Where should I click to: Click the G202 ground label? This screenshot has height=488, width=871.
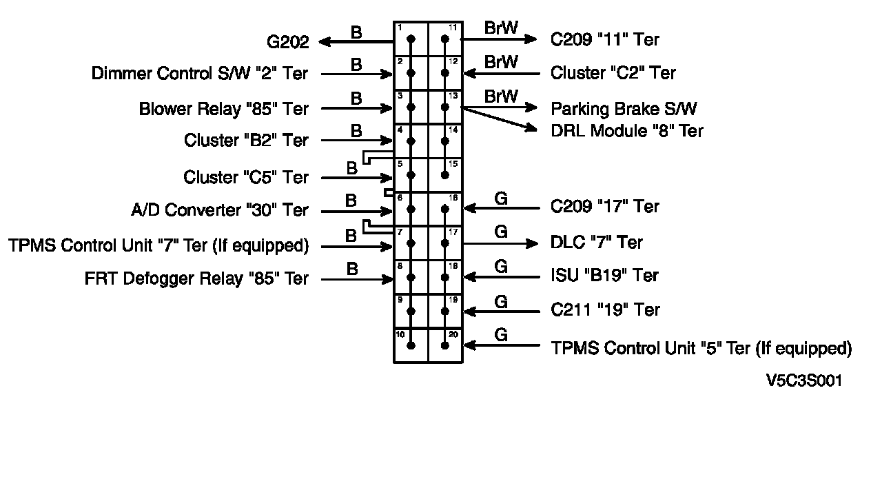click(287, 42)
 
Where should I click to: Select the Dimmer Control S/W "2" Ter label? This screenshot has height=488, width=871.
click(200, 74)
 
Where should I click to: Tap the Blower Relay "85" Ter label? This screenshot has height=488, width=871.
click(223, 109)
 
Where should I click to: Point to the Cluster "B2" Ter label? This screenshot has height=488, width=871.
click(246, 141)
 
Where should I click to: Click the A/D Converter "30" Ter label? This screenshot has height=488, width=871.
click(219, 210)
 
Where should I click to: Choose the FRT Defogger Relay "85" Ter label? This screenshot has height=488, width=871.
click(196, 279)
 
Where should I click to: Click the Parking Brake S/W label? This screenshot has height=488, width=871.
click(624, 109)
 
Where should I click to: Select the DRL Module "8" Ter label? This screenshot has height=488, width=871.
click(626, 131)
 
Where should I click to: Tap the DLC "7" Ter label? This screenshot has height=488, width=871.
click(597, 243)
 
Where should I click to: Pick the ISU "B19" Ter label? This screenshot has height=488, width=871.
click(604, 276)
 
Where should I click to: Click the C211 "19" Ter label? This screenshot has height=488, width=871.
click(605, 310)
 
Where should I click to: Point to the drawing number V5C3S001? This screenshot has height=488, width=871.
click(803, 381)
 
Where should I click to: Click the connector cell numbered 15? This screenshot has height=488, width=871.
click(445, 175)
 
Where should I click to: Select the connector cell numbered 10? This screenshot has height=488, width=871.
click(411, 345)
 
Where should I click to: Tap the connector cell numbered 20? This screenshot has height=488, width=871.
click(445, 345)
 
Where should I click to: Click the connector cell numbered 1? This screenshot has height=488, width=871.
click(411, 39)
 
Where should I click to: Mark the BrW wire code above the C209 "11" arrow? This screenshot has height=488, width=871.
click(501, 28)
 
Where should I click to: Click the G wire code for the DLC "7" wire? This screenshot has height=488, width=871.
click(501, 232)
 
